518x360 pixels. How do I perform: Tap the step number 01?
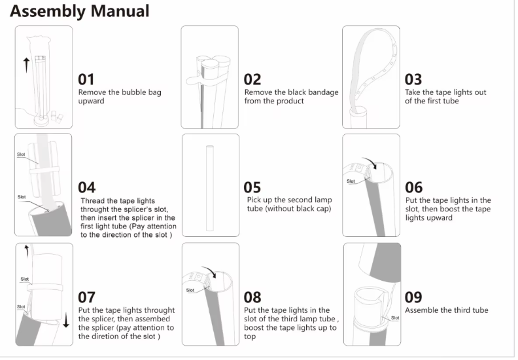click(87, 79)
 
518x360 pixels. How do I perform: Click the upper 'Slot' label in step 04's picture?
click(22, 154)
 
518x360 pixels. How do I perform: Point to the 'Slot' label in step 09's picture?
click(395, 317)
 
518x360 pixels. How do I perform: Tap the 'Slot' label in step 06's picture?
click(351, 181)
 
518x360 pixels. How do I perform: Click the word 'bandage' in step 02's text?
click(322, 92)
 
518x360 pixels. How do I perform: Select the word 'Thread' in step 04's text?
click(94, 200)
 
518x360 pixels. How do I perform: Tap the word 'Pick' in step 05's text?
click(255, 200)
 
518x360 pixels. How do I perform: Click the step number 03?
click(413, 79)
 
